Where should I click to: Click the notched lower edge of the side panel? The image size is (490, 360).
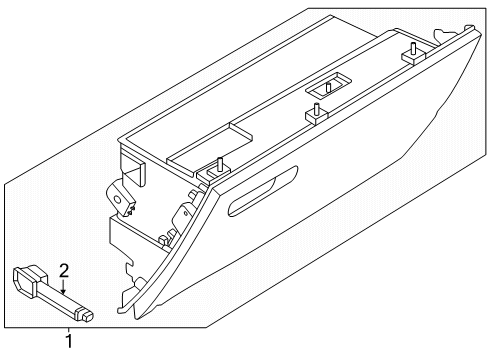[x=130, y=271]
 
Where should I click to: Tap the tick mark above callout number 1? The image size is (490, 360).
[x=69, y=331]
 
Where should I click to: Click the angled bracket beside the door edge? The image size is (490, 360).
[x=185, y=213]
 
